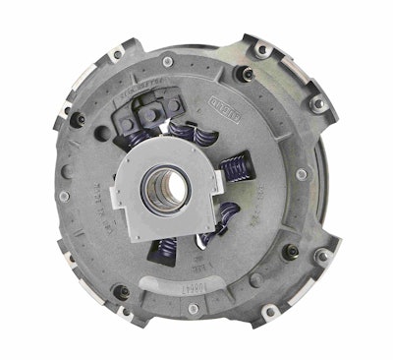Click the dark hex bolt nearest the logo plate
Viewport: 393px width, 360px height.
247,73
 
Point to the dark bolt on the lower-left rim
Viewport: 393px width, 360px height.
120,291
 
